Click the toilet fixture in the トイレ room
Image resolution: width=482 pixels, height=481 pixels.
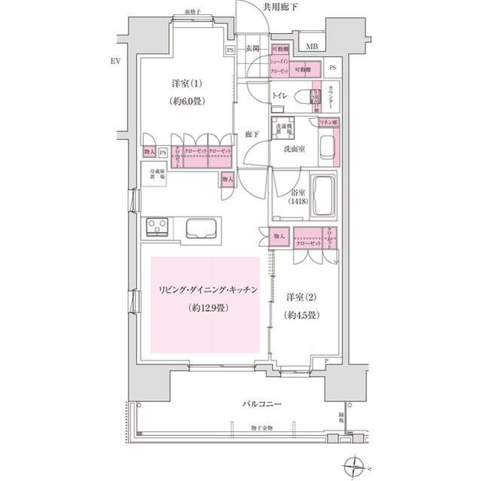pos(305,98)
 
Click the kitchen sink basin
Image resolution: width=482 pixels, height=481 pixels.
pos(199,228)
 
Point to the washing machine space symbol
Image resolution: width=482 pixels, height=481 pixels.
pos(282,129)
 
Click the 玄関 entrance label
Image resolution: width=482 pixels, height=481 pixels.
pos(252,50)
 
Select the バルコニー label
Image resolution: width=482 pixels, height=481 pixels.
pos(262,405)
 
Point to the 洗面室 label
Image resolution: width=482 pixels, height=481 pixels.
pos(294,150)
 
